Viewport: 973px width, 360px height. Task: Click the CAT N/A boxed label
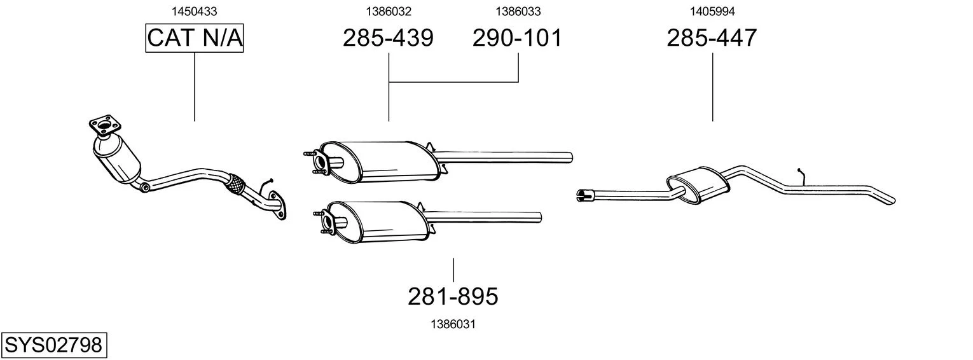pos(194,38)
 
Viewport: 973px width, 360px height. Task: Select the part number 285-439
pos(388,38)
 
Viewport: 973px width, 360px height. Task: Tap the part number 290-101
pos(517,38)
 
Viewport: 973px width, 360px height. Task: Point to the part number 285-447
pos(712,38)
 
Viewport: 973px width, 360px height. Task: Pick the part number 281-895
pos(453,296)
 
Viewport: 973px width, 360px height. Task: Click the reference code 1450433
pos(194,11)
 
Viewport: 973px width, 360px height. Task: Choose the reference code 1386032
pos(389,11)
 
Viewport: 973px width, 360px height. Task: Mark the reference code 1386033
pos(518,11)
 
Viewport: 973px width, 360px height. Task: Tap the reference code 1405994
pos(712,11)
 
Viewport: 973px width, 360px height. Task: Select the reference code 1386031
pos(453,324)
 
